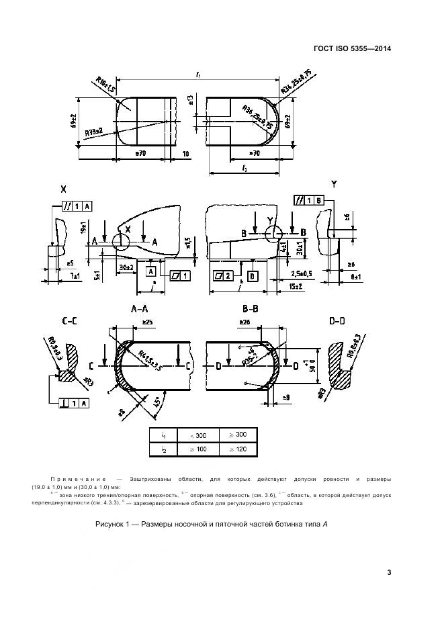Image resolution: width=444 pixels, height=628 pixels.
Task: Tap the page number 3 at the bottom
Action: coord(389,572)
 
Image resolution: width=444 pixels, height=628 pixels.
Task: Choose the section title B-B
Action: coord(249,310)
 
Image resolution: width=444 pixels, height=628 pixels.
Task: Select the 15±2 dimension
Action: coord(295,287)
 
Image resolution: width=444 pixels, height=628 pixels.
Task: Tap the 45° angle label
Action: coord(155,405)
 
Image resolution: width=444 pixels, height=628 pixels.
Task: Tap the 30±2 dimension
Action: coord(125,267)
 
